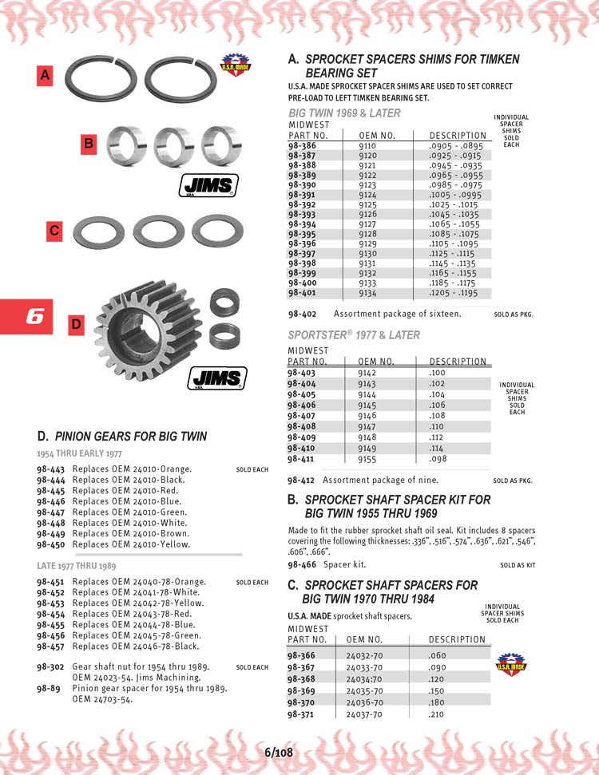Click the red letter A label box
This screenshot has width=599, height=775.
[46, 76]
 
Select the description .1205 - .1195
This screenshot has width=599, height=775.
[452, 293]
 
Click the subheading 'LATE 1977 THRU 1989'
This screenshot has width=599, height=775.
[76, 566]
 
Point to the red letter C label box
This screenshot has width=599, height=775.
[54, 231]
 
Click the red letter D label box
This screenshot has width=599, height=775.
[76, 325]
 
